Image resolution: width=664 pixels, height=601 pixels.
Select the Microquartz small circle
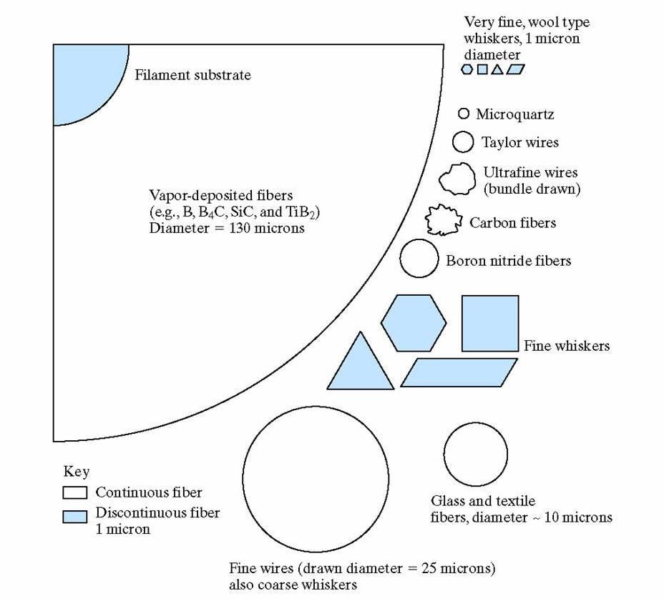463,114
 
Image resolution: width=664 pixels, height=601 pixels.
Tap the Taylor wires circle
463,141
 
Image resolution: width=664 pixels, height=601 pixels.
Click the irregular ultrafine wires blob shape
457,179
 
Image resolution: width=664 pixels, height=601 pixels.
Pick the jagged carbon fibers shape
444,221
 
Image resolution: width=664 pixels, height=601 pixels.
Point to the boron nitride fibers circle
419,258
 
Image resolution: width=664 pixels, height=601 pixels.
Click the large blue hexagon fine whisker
414,323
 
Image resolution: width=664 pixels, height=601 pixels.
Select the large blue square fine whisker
490,323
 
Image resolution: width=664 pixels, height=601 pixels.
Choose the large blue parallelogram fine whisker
459,372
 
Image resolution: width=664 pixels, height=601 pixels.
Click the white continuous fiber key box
74,492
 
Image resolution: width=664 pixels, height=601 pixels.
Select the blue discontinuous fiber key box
74,516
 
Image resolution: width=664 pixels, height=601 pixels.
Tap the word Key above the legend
77,472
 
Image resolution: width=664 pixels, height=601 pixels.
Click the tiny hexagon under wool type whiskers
467,69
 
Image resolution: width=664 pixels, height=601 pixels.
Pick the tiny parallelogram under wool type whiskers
514,69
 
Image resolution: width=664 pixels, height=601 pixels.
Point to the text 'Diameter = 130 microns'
227,229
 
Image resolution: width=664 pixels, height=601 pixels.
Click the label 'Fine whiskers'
567,346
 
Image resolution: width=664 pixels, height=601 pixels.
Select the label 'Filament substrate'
193,75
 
